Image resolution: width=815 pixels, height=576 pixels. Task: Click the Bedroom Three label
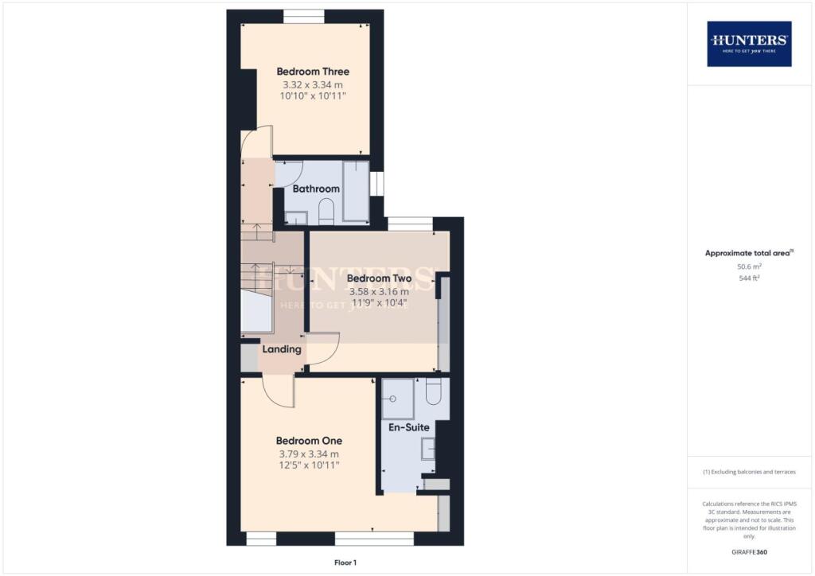(x=313, y=72)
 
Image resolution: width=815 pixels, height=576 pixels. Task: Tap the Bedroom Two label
(x=379, y=278)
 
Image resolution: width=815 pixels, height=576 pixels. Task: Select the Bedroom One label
(x=309, y=441)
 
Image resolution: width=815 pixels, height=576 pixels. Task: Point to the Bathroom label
(x=316, y=189)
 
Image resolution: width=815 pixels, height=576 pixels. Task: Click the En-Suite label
(x=407, y=427)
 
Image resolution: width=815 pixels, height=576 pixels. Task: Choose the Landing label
(x=282, y=348)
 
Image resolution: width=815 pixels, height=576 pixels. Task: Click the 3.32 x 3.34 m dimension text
(x=313, y=84)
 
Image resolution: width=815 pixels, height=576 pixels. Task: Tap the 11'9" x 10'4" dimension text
(x=379, y=303)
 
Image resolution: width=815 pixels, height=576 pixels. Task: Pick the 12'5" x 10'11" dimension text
(x=309, y=465)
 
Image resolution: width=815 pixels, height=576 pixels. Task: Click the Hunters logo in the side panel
(x=749, y=43)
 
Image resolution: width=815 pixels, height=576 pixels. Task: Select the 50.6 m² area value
(x=749, y=267)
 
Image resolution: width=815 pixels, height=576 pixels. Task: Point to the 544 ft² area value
(x=749, y=278)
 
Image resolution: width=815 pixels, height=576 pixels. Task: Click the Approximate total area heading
(x=749, y=253)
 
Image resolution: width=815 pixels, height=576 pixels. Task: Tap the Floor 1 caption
(x=345, y=562)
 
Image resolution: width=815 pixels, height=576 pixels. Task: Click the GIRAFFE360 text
(x=749, y=552)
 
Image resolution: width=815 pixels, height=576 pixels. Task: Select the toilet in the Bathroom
(x=326, y=212)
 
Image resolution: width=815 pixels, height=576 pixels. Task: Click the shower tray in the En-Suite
(x=398, y=399)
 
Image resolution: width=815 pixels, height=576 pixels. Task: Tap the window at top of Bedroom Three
(x=303, y=14)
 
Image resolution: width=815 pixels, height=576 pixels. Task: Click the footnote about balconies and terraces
(x=749, y=472)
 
